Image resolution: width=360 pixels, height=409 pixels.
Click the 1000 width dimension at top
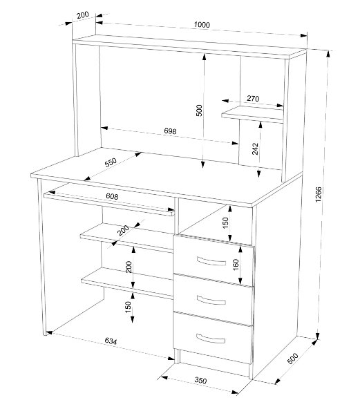pos(202,24)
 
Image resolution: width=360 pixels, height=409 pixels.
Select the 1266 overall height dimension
pos(319,194)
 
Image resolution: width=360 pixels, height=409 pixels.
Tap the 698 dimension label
pos(170,131)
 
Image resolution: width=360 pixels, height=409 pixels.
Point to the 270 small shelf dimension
pos(253,98)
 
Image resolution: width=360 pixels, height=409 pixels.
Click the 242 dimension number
pos(255,149)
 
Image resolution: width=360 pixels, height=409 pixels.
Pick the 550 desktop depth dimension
pos(111,162)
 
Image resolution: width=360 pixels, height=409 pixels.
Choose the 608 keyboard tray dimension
pos(112,196)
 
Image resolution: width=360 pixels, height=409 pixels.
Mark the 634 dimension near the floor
pos(111,341)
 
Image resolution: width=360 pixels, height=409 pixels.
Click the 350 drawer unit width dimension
pos(200,381)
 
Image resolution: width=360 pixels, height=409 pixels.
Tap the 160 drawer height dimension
pos(236,265)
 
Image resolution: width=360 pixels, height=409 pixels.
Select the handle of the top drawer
pos(211,261)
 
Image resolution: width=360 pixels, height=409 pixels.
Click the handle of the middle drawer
pos(211,300)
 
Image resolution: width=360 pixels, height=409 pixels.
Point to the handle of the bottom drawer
pos(211,339)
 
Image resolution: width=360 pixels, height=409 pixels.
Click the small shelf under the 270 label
pos(252,114)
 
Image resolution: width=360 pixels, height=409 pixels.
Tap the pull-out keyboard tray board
pos(109,200)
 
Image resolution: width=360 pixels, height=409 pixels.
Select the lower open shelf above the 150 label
pos(126,283)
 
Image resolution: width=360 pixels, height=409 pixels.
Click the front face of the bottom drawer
pos(214,338)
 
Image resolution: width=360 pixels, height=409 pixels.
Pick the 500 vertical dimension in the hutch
pos(199,111)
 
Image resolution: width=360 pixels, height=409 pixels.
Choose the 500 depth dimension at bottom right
pos(293,358)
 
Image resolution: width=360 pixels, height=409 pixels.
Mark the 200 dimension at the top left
pos(83,15)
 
